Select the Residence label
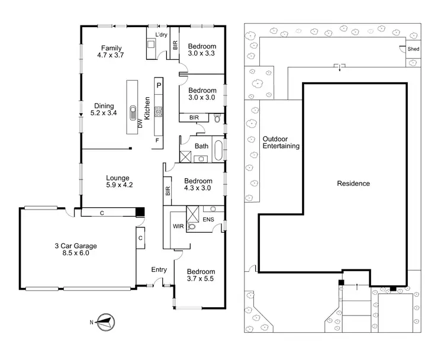coord(353,184)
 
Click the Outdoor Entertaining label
coord(281,142)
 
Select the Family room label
coord(111,47)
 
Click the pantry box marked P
coord(159,85)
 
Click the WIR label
coord(178,226)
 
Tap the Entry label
coord(159,270)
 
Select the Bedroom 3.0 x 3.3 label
coord(202,50)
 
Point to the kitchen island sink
coord(132,112)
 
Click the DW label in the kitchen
coord(140,124)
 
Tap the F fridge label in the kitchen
coord(157,140)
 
